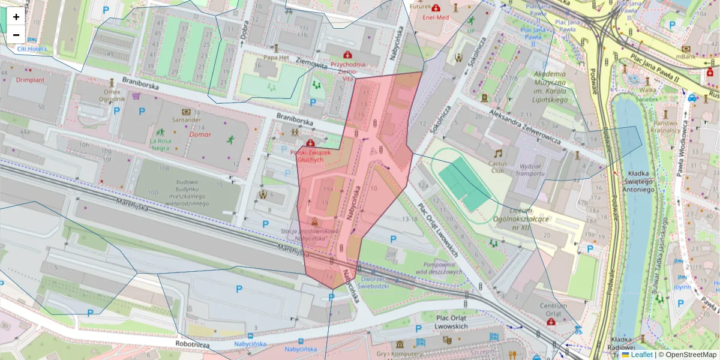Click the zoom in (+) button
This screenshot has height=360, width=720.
click(x=16, y=17)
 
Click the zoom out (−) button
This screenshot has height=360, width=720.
click(x=16, y=35)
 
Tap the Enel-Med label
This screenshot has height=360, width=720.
click(x=434, y=18)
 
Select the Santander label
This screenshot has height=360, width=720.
click(x=185, y=119)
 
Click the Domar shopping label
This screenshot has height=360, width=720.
click(x=200, y=135)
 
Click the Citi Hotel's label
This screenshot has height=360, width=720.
click(x=32, y=49)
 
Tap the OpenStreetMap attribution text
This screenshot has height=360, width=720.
click(x=689, y=355)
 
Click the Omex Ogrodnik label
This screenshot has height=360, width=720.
click(x=112, y=95)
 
